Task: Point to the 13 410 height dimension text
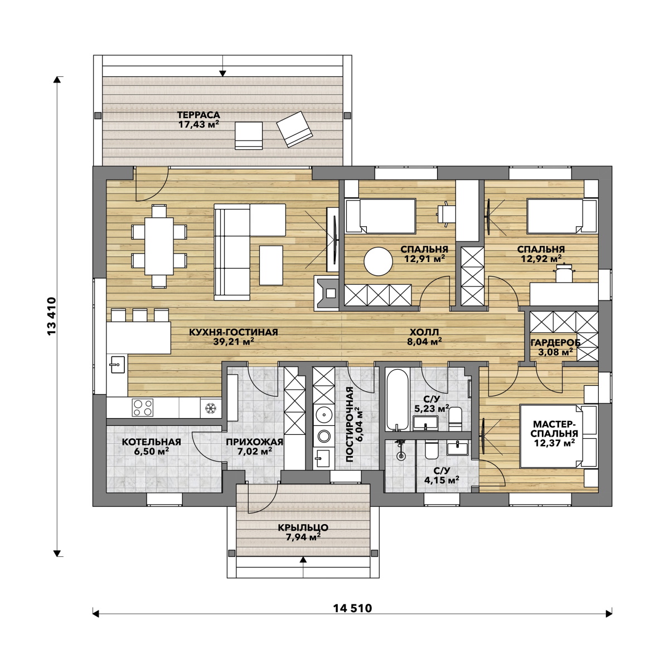pyautogui.click(x=52, y=316)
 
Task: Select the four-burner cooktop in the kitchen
pyautogui.click(x=142, y=408)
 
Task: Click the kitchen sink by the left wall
pyautogui.click(x=117, y=364)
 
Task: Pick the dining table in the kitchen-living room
pyautogui.click(x=159, y=246)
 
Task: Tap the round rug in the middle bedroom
pyautogui.click(x=378, y=261)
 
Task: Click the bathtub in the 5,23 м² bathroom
pyautogui.click(x=397, y=399)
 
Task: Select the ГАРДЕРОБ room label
pyautogui.click(x=555, y=343)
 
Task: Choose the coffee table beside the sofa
pyautogui.click(x=271, y=265)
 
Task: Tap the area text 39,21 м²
pyautogui.click(x=234, y=342)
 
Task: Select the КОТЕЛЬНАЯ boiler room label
pyautogui.click(x=152, y=442)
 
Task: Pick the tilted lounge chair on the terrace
pyautogui.click(x=294, y=129)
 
